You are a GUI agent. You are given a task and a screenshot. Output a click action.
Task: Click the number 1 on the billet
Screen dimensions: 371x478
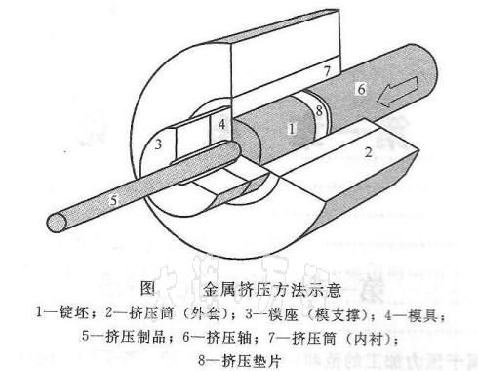[x=292, y=128]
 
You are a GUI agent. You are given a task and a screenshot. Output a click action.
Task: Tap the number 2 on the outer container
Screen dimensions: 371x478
[x=367, y=153]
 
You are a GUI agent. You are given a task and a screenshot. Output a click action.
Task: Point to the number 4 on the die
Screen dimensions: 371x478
[x=222, y=125]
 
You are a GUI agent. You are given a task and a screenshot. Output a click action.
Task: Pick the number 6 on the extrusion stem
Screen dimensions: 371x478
[x=362, y=89]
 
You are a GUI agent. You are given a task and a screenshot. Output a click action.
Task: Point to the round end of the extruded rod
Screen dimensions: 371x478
[x=61, y=223]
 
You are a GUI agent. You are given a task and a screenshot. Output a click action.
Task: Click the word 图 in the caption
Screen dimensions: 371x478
[x=148, y=289]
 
